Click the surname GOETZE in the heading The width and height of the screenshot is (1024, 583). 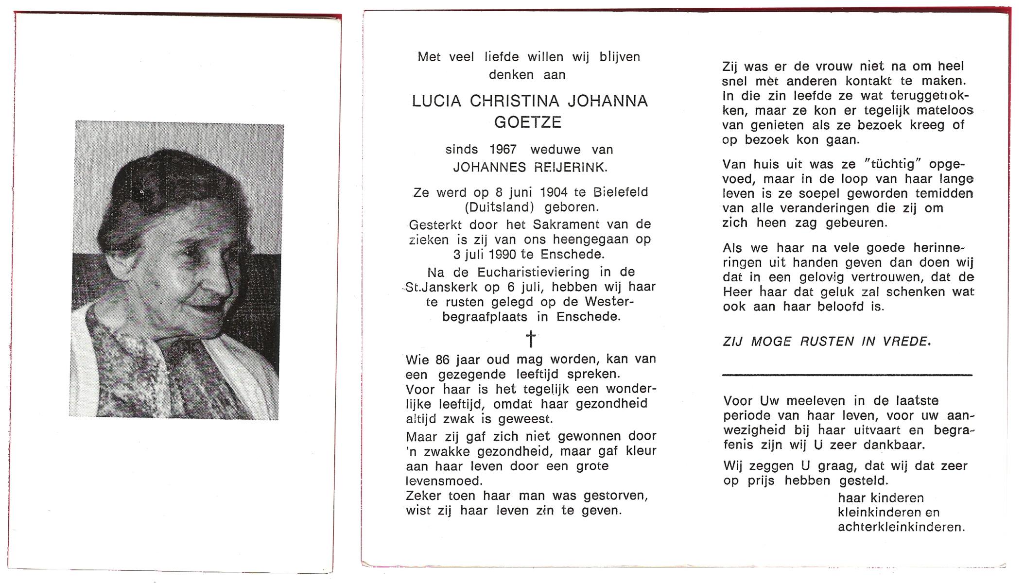pos(528,122)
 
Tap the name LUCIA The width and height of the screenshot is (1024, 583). pos(436,101)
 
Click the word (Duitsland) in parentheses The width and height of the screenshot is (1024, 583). pos(500,207)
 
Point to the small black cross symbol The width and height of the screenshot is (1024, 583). pos(531,339)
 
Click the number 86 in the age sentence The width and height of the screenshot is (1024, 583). pos(443,360)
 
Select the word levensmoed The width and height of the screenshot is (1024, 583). pos(444,481)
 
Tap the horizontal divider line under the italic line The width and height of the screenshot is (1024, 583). pos(847,375)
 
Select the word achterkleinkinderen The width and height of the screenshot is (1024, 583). pos(901,527)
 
